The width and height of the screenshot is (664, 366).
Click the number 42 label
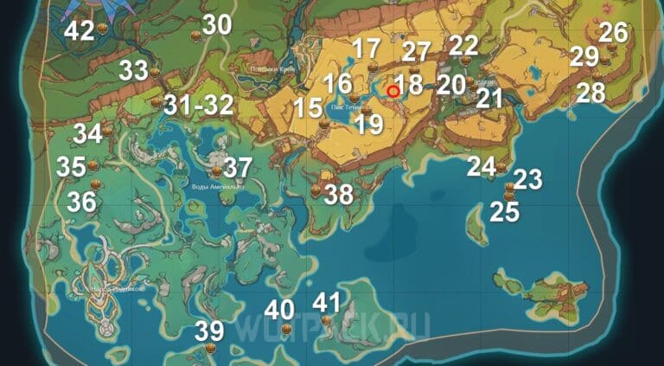point(80,31)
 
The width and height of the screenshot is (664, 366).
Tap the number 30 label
point(217,26)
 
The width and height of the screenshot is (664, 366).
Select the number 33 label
point(133,70)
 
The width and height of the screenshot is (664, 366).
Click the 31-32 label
point(199,106)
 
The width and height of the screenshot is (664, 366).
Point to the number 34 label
point(87,135)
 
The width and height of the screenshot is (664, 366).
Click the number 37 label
point(238,168)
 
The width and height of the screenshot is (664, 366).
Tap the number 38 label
point(338,195)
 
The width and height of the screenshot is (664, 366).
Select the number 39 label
point(209,331)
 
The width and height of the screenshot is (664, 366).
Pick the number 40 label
point(279,310)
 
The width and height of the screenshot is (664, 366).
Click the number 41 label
point(327,303)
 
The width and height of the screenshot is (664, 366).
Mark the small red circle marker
point(393,89)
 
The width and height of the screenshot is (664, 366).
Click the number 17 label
point(367,48)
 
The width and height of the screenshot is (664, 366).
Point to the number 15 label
point(307,109)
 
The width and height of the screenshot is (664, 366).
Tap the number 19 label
point(369,124)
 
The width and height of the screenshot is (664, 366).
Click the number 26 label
point(613,33)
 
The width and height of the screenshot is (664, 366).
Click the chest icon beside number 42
point(103,31)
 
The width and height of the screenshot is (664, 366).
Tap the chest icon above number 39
point(209,348)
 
